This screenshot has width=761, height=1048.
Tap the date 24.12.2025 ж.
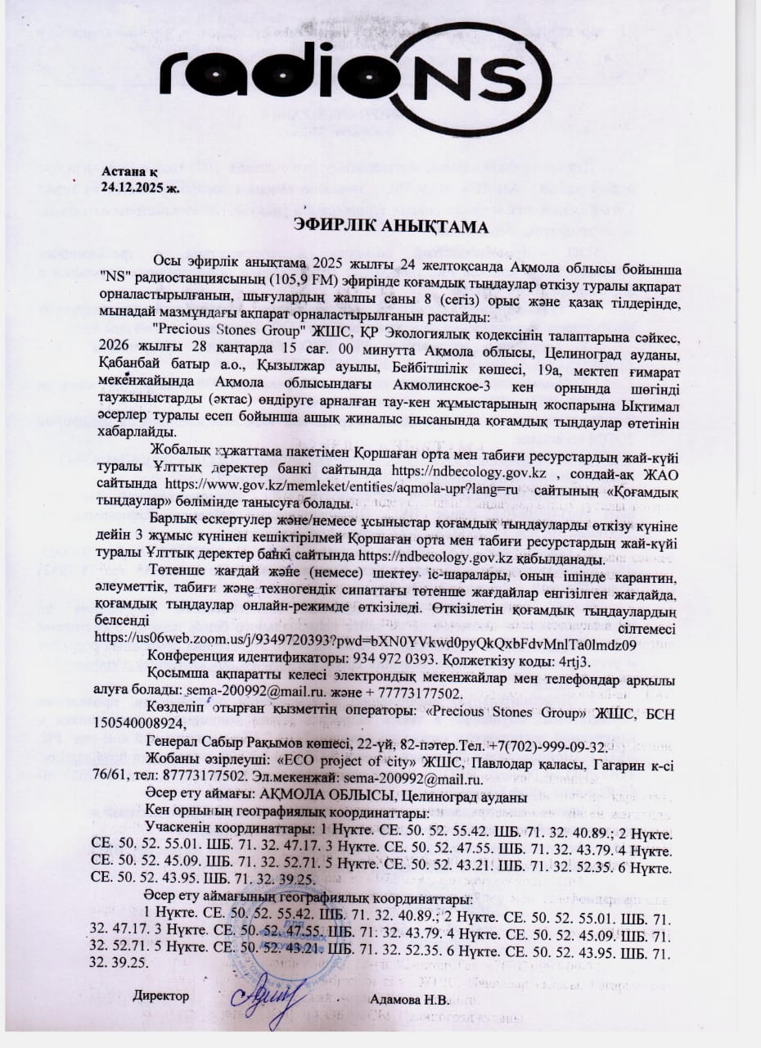[139, 187]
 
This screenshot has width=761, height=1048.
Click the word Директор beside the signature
[161, 996]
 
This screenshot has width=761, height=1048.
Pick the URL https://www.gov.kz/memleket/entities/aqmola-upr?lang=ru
[353, 488]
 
